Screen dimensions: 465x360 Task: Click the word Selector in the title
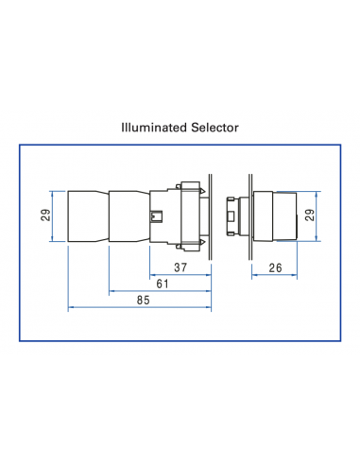[213, 125]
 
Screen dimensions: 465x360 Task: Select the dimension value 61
[162, 284]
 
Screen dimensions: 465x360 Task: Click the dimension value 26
[275, 267]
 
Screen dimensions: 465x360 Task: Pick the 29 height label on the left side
[46, 215]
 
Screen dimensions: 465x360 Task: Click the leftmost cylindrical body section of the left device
[88, 215]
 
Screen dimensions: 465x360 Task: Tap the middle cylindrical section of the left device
[130, 215]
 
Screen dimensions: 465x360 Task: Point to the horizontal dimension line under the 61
[161, 292]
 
